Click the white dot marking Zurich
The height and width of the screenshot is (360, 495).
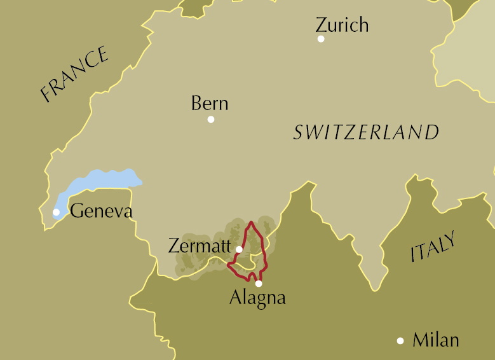pyautogui.click(x=321, y=39)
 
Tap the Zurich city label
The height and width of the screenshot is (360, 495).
pyautogui.click(x=342, y=25)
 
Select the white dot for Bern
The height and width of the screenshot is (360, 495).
pyautogui.click(x=211, y=119)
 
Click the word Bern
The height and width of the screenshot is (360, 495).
pyautogui.click(x=210, y=103)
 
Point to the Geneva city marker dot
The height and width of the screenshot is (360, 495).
pyautogui.click(x=57, y=212)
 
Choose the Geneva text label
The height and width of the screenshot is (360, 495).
pyautogui.click(x=101, y=211)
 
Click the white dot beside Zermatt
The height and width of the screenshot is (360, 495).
pyautogui.click(x=239, y=249)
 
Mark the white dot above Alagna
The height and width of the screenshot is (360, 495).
pyautogui.click(x=259, y=284)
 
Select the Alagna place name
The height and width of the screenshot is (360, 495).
pyautogui.click(x=257, y=298)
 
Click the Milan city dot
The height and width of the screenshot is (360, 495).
pyautogui.click(x=400, y=341)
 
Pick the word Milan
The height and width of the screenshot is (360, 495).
pyautogui.click(x=436, y=340)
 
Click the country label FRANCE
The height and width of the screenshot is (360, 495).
pyautogui.click(x=74, y=74)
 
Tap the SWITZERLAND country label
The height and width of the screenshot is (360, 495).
pyautogui.click(x=366, y=132)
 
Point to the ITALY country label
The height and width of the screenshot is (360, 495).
pyautogui.click(x=433, y=247)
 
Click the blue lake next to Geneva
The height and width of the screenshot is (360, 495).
pyautogui.click(x=102, y=181)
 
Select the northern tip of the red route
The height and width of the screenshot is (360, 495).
pyautogui.click(x=252, y=222)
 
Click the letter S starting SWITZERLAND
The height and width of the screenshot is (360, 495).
pyautogui.click(x=299, y=133)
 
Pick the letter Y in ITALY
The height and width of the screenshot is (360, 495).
pyautogui.click(x=450, y=238)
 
